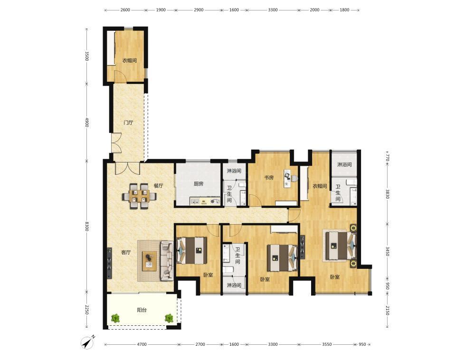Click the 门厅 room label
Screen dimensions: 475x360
coord(128,123)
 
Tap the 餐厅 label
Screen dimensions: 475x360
coord(158,186)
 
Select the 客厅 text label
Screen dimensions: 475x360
coord(126,252)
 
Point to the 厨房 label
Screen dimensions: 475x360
coord(199,184)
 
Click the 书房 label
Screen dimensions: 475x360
coord(269,178)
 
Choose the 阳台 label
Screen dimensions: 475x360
coord(142,310)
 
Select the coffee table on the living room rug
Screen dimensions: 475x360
coord(149,261)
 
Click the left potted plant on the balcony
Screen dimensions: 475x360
coord(115,318)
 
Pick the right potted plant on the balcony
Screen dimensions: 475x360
coord(169,318)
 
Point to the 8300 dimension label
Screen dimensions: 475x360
coord(86,227)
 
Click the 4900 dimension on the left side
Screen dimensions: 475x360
coord(86,123)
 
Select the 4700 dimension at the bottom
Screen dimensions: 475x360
coord(142,344)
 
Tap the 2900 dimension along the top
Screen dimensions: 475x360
coord(199,9)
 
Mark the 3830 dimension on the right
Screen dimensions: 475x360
coord(387,194)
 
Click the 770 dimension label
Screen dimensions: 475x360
coord(387,158)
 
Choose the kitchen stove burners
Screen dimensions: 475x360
coord(215,200)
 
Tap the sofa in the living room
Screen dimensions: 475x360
coord(166,260)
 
